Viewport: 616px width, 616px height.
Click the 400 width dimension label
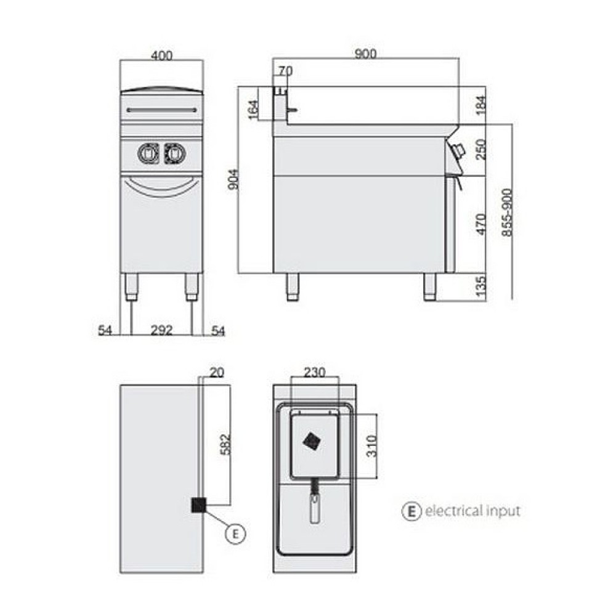tap(161, 55)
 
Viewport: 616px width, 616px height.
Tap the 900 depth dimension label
tap(365, 54)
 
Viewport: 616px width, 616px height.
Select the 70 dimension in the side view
tap(286, 71)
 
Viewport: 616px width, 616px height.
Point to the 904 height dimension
tap(233, 179)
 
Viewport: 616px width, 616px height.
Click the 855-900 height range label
tap(507, 213)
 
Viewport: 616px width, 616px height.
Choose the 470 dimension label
tap(480, 224)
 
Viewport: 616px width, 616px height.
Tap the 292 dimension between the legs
tap(161, 330)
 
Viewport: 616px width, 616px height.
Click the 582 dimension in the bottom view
tap(225, 444)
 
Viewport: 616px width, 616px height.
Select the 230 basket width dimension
tap(315, 371)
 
